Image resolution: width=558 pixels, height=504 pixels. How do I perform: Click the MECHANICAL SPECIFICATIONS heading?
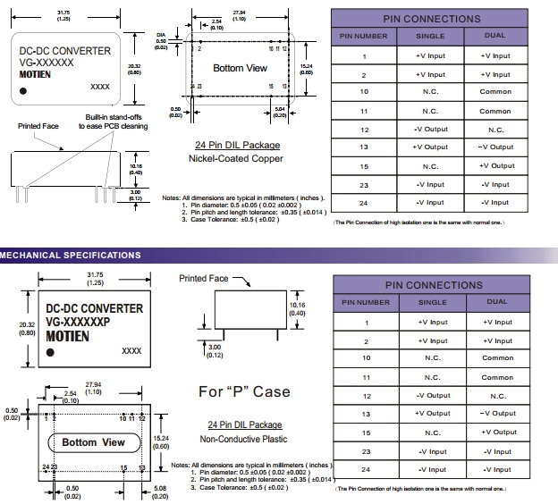coord(71,256)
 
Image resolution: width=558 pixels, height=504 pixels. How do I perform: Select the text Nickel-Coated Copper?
coord(237,158)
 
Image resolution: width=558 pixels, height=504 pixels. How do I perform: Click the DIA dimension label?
coord(160,36)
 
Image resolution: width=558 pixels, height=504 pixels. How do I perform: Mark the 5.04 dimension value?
coord(280,109)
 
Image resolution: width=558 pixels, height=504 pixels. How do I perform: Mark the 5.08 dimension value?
coord(158,489)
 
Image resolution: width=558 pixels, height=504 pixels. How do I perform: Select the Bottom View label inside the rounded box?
coord(93,442)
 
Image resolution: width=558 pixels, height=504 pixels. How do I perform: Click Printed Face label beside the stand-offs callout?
coord(38,126)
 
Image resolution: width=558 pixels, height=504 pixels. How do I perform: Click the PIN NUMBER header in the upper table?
coord(364,37)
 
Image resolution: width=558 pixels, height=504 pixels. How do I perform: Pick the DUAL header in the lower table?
coord(497,302)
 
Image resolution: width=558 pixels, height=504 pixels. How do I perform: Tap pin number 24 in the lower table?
coord(365,469)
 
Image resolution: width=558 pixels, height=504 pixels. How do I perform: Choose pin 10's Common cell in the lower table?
coord(497,357)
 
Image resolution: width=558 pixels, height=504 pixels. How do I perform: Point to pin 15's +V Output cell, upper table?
coord(497,166)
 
